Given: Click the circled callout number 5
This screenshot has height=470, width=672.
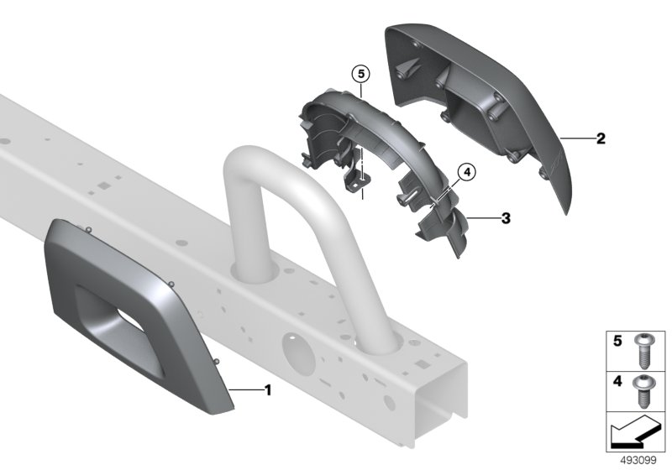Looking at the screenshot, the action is click(x=361, y=74).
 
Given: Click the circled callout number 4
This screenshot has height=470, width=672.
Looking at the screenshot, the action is click(x=467, y=172).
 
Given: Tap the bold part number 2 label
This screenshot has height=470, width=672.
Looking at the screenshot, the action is click(x=601, y=138).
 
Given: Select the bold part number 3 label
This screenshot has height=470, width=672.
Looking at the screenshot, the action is click(x=506, y=218).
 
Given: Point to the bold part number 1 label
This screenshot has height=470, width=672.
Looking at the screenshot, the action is click(x=268, y=390).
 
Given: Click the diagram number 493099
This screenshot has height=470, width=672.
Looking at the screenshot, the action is click(x=638, y=461).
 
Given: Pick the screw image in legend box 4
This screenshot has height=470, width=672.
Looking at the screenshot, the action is click(x=643, y=391).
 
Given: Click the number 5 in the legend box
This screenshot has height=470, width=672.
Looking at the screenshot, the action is click(x=617, y=341).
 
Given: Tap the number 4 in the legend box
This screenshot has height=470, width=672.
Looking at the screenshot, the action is click(x=617, y=381).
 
